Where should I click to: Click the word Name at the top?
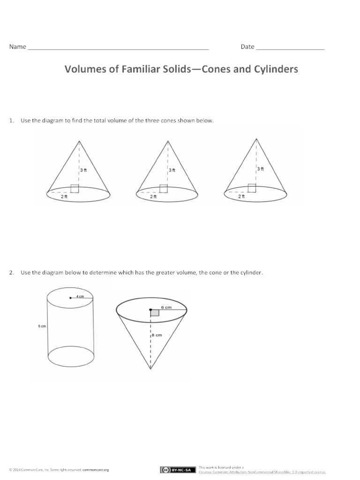18,47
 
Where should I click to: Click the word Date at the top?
247,47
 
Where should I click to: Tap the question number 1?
10,121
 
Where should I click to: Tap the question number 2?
10,272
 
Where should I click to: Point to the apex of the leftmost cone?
79,139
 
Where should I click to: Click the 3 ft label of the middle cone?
172,170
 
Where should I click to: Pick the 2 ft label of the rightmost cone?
241,196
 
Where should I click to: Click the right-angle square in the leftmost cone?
75,188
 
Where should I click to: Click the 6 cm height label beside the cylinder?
42,327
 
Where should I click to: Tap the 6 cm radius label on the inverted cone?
166,307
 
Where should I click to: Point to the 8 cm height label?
157,335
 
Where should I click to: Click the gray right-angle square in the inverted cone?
155,313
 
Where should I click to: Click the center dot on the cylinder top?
70,297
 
